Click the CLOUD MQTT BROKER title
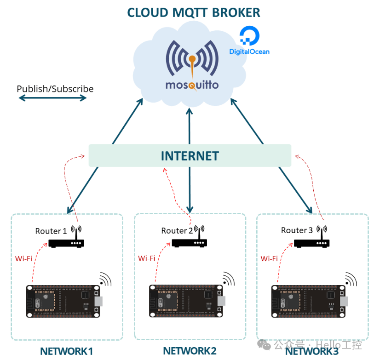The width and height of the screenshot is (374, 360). pos(193,12)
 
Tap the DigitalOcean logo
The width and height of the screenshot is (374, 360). pos(249,41)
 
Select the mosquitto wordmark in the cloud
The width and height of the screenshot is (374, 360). pos(192,85)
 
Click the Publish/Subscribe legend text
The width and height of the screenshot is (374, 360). pos(55,89)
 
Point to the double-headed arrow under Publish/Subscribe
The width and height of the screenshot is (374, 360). pos(52,98)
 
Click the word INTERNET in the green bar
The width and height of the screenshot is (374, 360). pos(190,156)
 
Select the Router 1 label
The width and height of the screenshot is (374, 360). pos(51,231)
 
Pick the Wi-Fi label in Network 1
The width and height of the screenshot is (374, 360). pos(23,258)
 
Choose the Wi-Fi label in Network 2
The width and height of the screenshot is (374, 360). pos(147,258)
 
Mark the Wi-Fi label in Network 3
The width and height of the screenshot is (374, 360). pos(269,258)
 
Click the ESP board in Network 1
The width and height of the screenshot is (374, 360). pos(63,301)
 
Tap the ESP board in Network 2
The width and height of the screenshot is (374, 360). pos(186,301)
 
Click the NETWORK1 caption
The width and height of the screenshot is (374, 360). pos(66,351)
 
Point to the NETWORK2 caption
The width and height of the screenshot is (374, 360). pos(190,351)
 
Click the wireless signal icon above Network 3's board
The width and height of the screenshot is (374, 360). pos(351,279)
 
